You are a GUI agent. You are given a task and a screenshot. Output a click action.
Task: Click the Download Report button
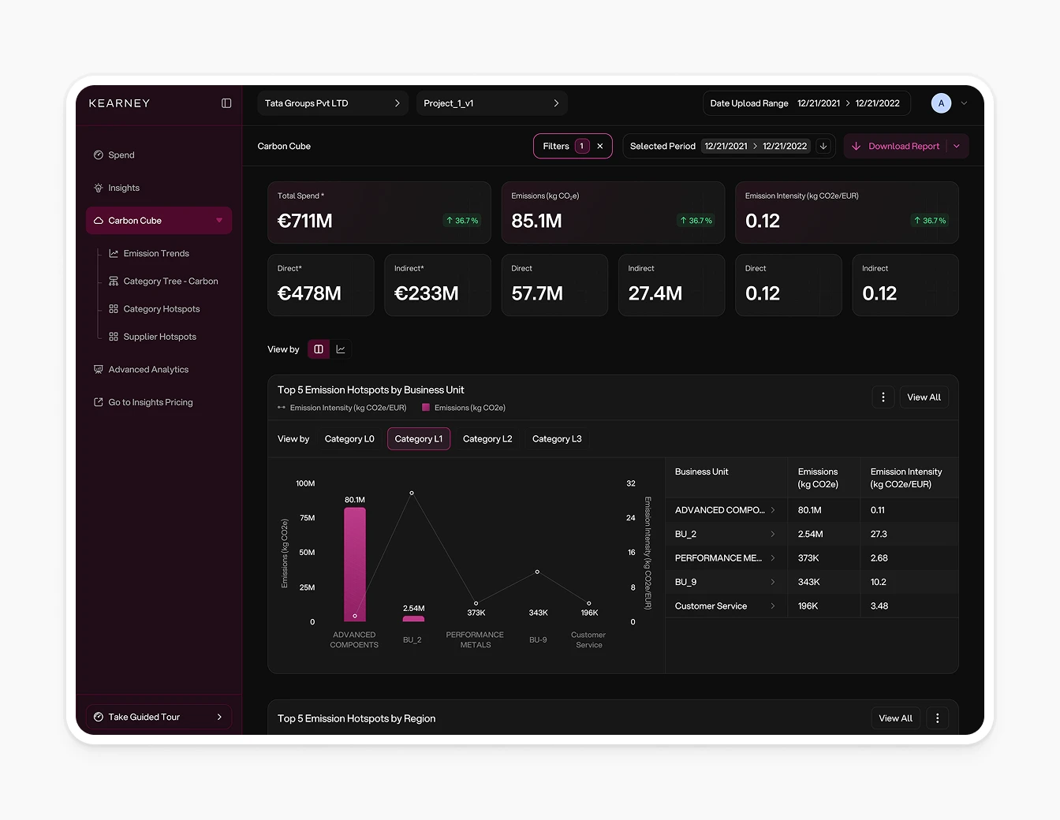[x=897, y=147]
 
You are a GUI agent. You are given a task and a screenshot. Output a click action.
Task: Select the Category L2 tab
[x=487, y=439]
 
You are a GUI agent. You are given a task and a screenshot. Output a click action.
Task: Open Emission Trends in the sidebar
[x=156, y=254]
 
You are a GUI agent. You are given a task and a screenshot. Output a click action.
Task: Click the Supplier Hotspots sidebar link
[x=159, y=337]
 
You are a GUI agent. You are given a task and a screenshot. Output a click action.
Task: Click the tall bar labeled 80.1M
[x=355, y=564]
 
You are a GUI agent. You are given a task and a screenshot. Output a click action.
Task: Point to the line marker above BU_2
[x=412, y=494]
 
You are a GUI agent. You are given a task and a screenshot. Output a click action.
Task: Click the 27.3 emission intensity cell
[x=879, y=535]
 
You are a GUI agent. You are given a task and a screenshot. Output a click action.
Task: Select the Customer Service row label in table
[x=711, y=606]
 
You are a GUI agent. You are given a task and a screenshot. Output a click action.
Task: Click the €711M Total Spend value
[x=305, y=222]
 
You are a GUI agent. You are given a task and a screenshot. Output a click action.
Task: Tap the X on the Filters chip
[x=600, y=147]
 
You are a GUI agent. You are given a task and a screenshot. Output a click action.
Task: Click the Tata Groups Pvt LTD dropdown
[x=332, y=103]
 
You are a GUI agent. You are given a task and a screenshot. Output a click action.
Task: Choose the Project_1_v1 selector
[x=491, y=103]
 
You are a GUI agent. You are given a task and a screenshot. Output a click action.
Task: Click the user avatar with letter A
[x=941, y=103]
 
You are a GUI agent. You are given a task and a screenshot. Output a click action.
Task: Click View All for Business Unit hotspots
[x=924, y=397]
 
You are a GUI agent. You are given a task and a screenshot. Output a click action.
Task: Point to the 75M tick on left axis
[x=307, y=518]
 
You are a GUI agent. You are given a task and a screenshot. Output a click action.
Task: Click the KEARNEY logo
[x=119, y=103]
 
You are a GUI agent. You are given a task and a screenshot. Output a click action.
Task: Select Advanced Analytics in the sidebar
[x=148, y=370]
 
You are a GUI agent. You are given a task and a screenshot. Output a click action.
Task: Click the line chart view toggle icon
[x=341, y=349]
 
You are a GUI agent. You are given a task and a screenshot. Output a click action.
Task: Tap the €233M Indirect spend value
[x=427, y=294]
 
